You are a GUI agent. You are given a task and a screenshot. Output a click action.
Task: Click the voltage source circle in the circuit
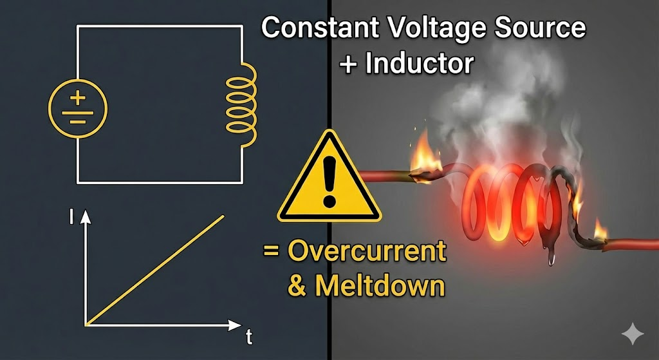[x=78, y=107]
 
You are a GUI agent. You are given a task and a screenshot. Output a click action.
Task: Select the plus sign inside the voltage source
[x=78, y=98]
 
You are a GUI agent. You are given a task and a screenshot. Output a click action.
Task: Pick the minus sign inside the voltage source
[x=78, y=120]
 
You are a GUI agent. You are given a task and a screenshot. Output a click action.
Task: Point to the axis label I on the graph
[x=70, y=218]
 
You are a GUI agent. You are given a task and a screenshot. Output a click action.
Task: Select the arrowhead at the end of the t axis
[x=236, y=324]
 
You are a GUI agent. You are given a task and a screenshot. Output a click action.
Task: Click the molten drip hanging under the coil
[x=552, y=256]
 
